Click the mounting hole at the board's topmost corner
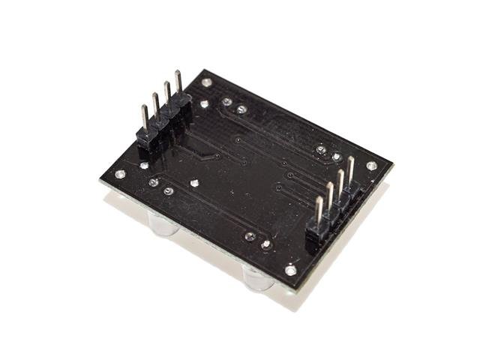[x=207, y=81]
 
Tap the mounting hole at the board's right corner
[x=371, y=166]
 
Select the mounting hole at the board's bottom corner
[x=290, y=271]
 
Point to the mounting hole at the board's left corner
[x=120, y=174]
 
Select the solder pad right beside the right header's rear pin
[x=322, y=151]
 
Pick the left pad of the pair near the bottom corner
[x=250, y=236]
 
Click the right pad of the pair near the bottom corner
[x=265, y=244]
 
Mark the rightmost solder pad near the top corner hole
[x=241, y=109]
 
